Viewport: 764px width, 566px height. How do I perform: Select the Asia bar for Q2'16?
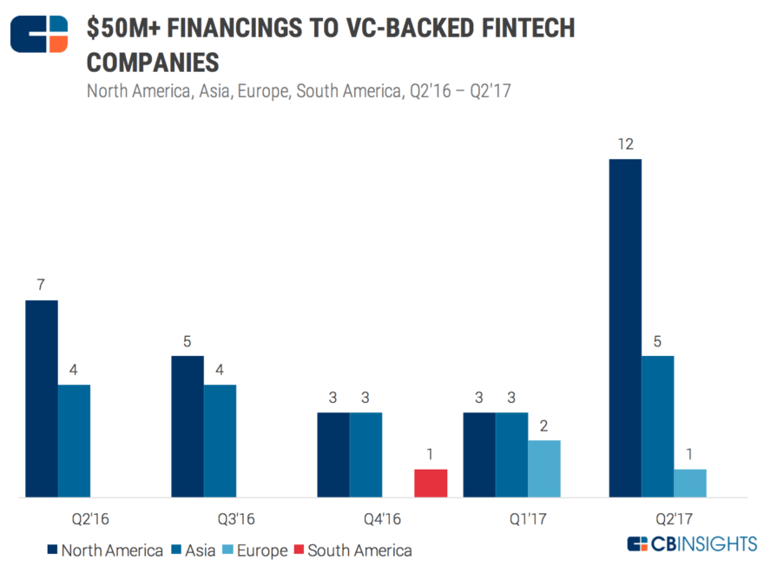(74, 441)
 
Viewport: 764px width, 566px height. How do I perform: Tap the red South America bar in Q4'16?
(431, 484)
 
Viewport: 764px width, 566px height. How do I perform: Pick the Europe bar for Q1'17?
(544, 469)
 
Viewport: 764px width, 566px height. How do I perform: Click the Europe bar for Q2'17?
(690, 484)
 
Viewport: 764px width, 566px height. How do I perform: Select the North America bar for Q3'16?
(188, 426)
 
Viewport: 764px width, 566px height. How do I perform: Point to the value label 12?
(625, 143)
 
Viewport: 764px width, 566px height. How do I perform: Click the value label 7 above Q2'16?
(41, 285)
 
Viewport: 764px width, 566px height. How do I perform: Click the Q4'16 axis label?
(382, 519)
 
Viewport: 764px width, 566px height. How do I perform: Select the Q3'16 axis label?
(236, 519)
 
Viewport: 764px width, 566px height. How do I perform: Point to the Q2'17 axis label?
(674, 519)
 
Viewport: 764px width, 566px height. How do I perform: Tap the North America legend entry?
(103, 550)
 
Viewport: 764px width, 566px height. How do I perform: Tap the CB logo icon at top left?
(38, 36)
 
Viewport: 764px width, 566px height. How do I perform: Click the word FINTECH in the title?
(525, 29)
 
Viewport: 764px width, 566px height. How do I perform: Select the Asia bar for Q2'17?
(657, 426)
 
